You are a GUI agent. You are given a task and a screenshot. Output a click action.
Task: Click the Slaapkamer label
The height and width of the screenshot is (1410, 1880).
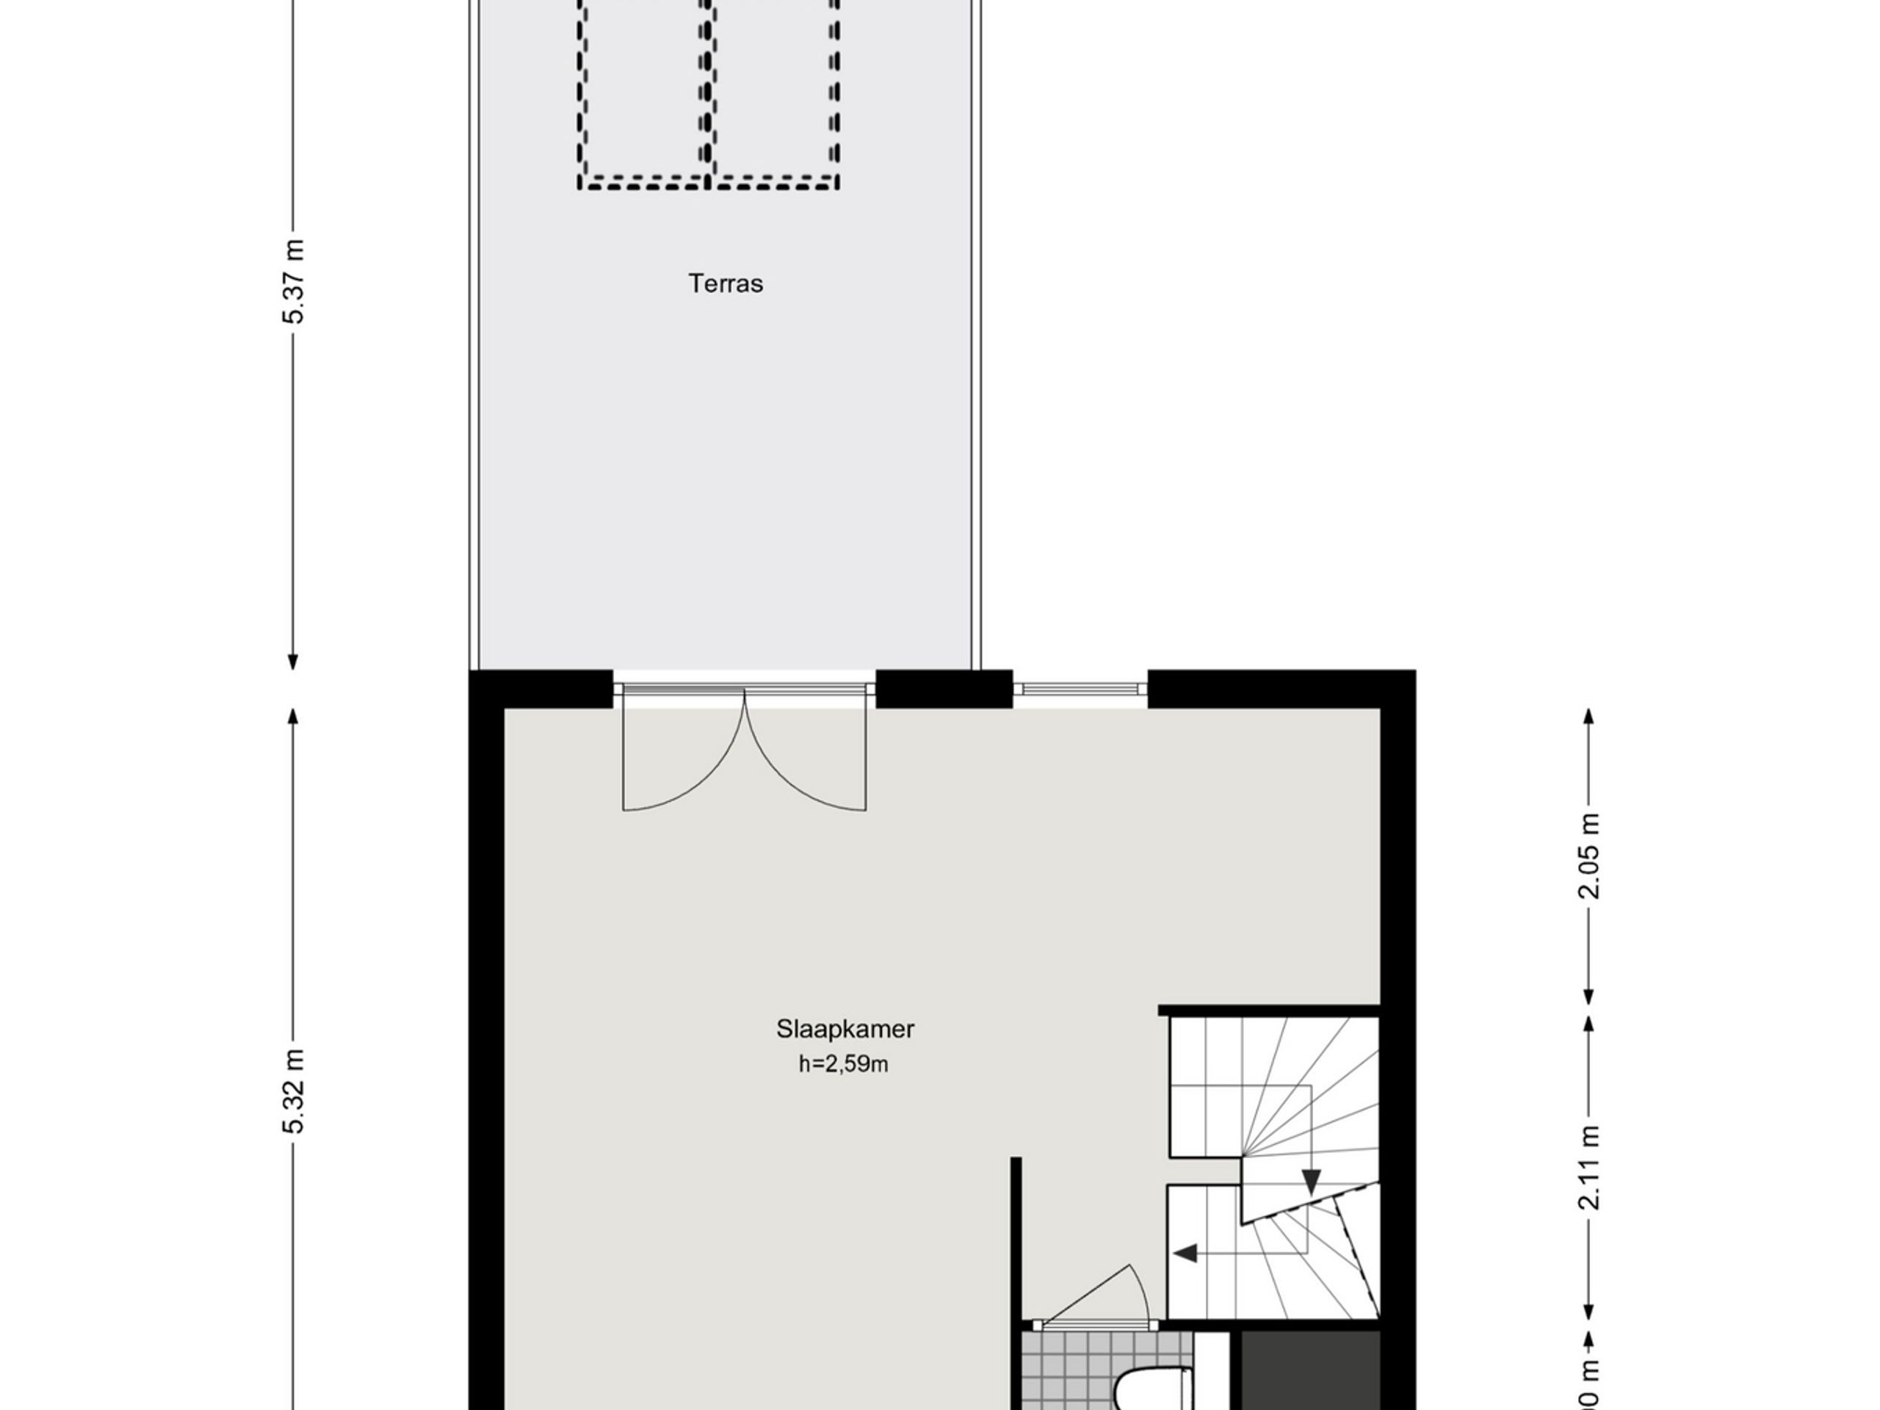point(844,1030)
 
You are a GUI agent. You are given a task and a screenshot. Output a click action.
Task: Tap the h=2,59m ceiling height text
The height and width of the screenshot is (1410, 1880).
point(843,1064)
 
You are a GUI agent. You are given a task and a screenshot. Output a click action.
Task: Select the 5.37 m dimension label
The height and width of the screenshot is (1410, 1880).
point(293,281)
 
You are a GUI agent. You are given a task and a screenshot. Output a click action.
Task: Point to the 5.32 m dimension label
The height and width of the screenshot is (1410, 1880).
point(293,1091)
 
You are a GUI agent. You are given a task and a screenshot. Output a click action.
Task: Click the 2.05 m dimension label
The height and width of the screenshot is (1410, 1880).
point(1588,856)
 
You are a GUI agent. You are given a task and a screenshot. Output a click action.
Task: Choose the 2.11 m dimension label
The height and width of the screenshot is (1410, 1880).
point(1588,1167)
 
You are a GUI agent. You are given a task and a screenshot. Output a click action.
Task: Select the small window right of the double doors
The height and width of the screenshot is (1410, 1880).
point(1080,688)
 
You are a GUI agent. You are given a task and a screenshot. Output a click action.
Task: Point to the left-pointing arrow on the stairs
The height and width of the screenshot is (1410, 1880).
point(1185,1254)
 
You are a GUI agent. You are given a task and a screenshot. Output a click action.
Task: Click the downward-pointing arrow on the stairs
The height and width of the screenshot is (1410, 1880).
point(1312,1181)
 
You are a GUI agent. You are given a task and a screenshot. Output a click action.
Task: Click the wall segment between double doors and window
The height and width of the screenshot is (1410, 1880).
point(944,688)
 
